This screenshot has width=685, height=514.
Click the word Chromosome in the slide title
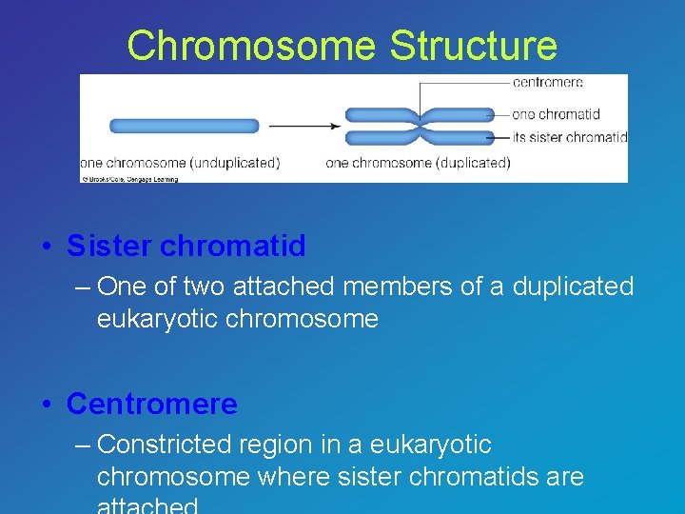(x=251, y=46)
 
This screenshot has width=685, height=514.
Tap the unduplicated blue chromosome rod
(x=184, y=126)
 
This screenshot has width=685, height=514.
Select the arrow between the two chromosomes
(x=304, y=126)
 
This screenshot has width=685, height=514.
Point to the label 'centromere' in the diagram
(x=547, y=83)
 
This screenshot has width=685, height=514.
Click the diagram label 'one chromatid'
(x=555, y=114)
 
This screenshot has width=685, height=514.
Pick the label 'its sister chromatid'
(x=569, y=137)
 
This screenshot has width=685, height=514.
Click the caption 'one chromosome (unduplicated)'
(x=180, y=163)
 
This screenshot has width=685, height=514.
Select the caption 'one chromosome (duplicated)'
(x=418, y=163)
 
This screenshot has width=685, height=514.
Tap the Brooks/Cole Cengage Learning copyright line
(x=129, y=178)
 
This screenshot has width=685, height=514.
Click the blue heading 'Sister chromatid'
(x=186, y=247)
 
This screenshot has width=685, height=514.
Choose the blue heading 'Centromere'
(x=152, y=405)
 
